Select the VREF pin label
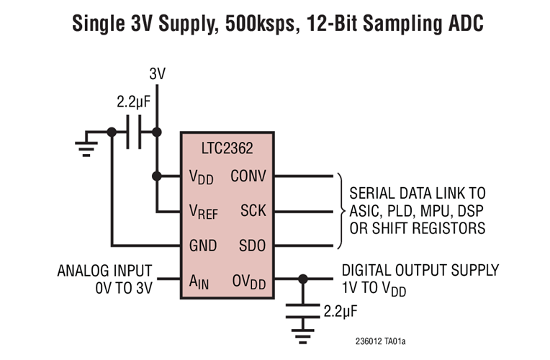(x=203, y=212)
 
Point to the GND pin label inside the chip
(x=202, y=246)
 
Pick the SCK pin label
(x=253, y=211)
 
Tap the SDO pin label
(x=252, y=246)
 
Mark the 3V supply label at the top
(x=158, y=73)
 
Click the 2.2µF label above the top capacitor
(x=132, y=102)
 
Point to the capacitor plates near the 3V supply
(x=134, y=132)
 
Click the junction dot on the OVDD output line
(x=303, y=279)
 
